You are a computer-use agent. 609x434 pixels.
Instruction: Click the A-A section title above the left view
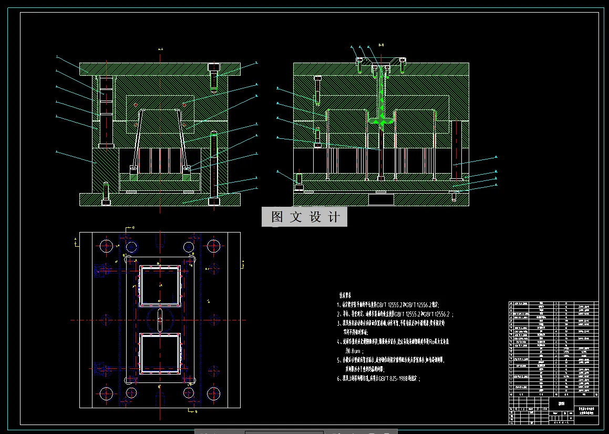coord(160,49)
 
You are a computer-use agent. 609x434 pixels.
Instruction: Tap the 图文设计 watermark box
coord(304,217)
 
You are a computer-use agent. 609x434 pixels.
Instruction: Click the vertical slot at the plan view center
coord(161,319)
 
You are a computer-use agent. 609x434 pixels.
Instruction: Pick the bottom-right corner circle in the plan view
coord(213,393)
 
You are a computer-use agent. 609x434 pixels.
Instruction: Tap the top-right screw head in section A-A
coord(214,67)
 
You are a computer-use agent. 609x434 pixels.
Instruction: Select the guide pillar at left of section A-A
coord(106,110)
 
